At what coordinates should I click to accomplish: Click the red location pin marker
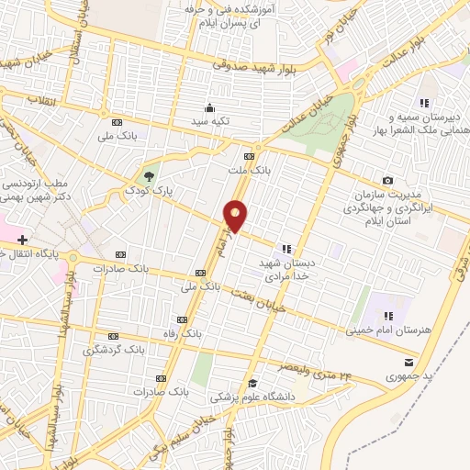tap(236, 217)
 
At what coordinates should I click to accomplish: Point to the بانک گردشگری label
tap(113, 350)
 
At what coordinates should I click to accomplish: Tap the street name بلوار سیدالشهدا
tap(65, 327)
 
